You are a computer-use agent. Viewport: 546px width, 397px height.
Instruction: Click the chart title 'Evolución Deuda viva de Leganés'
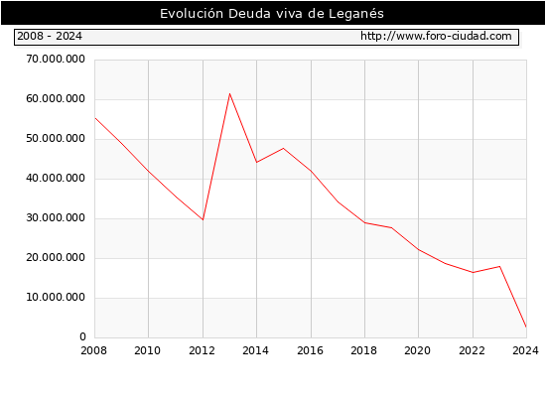click(x=272, y=14)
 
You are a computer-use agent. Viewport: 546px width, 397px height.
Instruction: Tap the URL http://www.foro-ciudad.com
click(x=436, y=36)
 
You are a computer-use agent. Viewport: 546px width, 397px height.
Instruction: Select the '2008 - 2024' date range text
click(x=50, y=36)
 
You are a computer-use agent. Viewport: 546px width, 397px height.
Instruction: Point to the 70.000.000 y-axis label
click(x=56, y=59)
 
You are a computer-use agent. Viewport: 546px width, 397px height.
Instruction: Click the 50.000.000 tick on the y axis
click(x=56, y=138)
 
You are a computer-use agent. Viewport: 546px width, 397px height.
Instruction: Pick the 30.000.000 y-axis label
click(x=56, y=217)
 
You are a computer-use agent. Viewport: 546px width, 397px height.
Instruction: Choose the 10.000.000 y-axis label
click(x=56, y=297)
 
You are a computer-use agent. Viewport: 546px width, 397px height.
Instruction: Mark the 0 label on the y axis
click(x=82, y=336)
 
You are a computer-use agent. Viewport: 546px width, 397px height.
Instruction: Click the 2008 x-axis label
click(x=93, y=350)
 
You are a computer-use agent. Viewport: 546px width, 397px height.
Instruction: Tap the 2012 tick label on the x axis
click(x=202, y=350)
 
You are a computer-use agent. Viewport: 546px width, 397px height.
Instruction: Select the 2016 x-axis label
click(x=311, y=350)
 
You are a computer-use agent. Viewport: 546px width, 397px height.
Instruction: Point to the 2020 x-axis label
click(x=418, y=350)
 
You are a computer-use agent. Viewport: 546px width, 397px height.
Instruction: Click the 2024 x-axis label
click(x=525, y=350)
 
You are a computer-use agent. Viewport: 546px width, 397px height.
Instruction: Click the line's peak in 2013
click(x=230, y=93)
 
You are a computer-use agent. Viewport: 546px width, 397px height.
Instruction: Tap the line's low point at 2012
click(x=203, y=219)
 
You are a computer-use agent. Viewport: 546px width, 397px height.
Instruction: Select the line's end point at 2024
click(x=526, y=327)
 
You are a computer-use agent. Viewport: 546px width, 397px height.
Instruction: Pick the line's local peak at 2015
click(x=284, y=148)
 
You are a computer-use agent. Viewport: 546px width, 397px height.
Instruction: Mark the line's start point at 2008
click(x=95, y=118)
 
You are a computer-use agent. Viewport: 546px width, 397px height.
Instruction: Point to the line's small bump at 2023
click(x=499, y=266)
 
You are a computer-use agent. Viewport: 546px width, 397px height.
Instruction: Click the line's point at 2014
click(x=257, y=163)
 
